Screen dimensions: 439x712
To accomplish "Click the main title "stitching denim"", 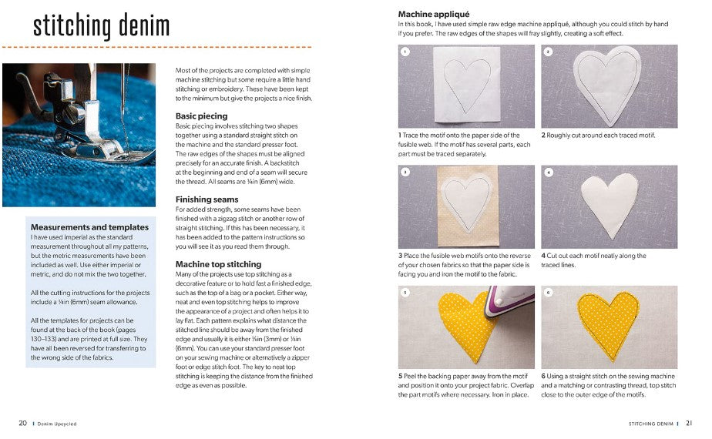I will (x=101, y=25).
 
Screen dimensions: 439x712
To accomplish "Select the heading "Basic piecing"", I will (x=201, y=116).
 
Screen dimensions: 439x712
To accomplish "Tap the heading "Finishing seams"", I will (x=206, y=199).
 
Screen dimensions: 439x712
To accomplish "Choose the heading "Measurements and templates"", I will (x=89, y=227).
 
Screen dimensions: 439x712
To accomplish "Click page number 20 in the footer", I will (x=23, y=423).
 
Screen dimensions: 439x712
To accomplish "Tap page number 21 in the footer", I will (x=689, y=423).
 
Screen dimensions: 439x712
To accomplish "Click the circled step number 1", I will (x=405, y=52).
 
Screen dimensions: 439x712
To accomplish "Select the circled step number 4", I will (x=548, y=173).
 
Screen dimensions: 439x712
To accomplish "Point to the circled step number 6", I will (x=548, y=293).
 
